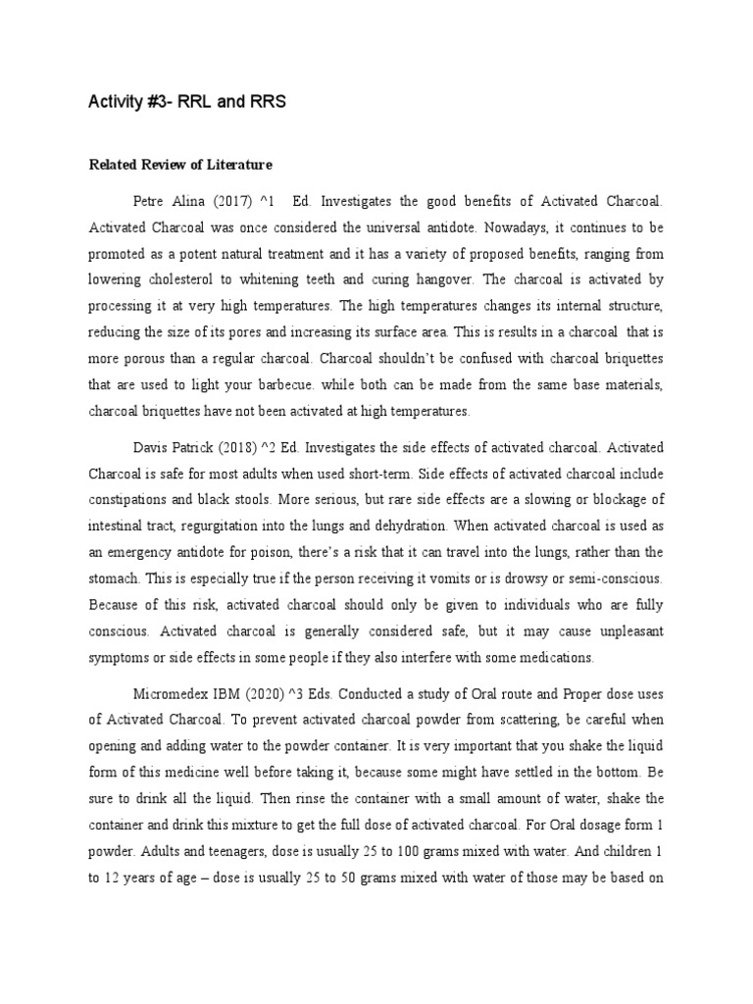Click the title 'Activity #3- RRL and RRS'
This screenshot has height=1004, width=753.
pos(187,102)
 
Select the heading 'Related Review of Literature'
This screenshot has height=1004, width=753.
pos(180,163)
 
